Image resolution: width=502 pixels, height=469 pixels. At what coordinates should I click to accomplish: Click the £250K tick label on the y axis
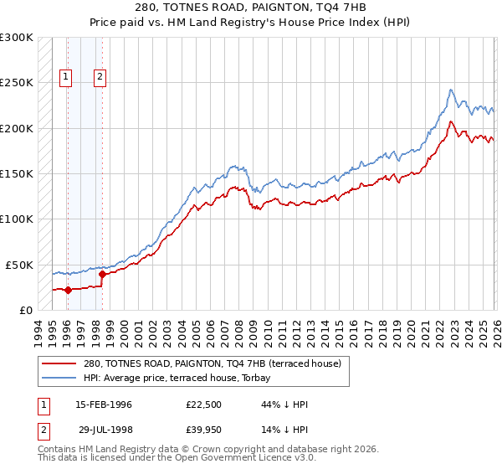(x=17, y=83)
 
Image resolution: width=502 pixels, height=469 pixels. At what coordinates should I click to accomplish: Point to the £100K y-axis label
(x=17, y=219)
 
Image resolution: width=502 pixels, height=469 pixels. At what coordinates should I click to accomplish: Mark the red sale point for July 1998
(x=102, y=274)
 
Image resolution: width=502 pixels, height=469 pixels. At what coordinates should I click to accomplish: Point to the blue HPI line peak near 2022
(x=451, y=90)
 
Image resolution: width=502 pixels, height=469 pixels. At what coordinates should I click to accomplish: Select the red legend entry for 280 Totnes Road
(x=213, y=364)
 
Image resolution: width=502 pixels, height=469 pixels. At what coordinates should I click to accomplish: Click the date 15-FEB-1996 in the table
(x=104, y=405)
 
